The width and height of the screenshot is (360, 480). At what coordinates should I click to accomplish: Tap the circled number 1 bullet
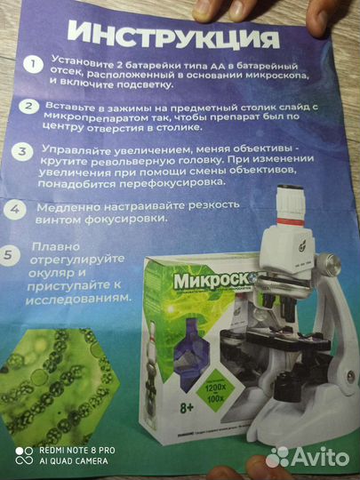tap(33, 65)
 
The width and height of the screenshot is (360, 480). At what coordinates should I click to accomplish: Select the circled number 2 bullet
tap(31, 108)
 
